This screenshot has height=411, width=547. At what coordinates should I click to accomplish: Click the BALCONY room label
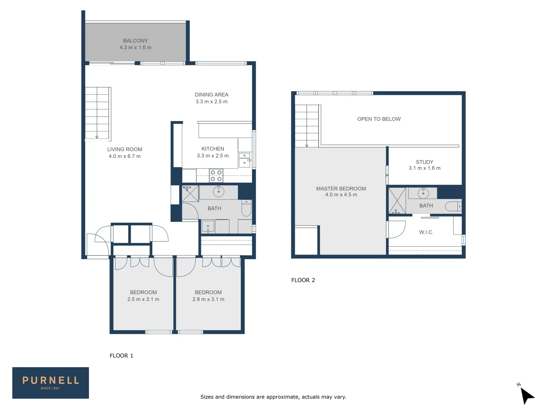coord(135,41)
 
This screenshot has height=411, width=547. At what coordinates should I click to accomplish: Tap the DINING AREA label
coord(212,95)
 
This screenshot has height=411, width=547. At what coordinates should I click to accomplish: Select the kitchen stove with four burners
coord(216,176)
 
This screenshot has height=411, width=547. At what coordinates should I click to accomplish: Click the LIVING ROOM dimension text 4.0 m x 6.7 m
coord(125,156)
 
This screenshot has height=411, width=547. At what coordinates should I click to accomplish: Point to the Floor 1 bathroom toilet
coord(247,209)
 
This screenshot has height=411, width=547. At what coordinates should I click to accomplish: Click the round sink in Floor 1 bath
coord(218,191)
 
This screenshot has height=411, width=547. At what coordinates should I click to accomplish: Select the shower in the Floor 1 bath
coord(190,194)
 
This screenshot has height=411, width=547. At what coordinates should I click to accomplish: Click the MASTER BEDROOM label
coord(341,189)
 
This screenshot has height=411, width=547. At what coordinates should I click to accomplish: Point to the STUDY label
coord(424,162)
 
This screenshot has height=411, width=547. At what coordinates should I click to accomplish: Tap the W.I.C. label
coord(426,233)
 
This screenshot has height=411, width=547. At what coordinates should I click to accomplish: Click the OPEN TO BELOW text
coord(379,119)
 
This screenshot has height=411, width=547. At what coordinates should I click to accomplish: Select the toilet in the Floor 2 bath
coord(453,206)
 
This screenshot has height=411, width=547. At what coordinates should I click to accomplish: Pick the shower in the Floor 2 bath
coord(397,200)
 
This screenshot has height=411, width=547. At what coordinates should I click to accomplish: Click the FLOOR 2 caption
coord(303,280)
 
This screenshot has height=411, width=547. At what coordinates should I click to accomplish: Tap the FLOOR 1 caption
coord(122,356)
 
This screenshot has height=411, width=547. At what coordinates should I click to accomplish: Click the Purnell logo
coord(51,383)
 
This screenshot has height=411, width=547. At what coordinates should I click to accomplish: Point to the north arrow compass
coord(526,395)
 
